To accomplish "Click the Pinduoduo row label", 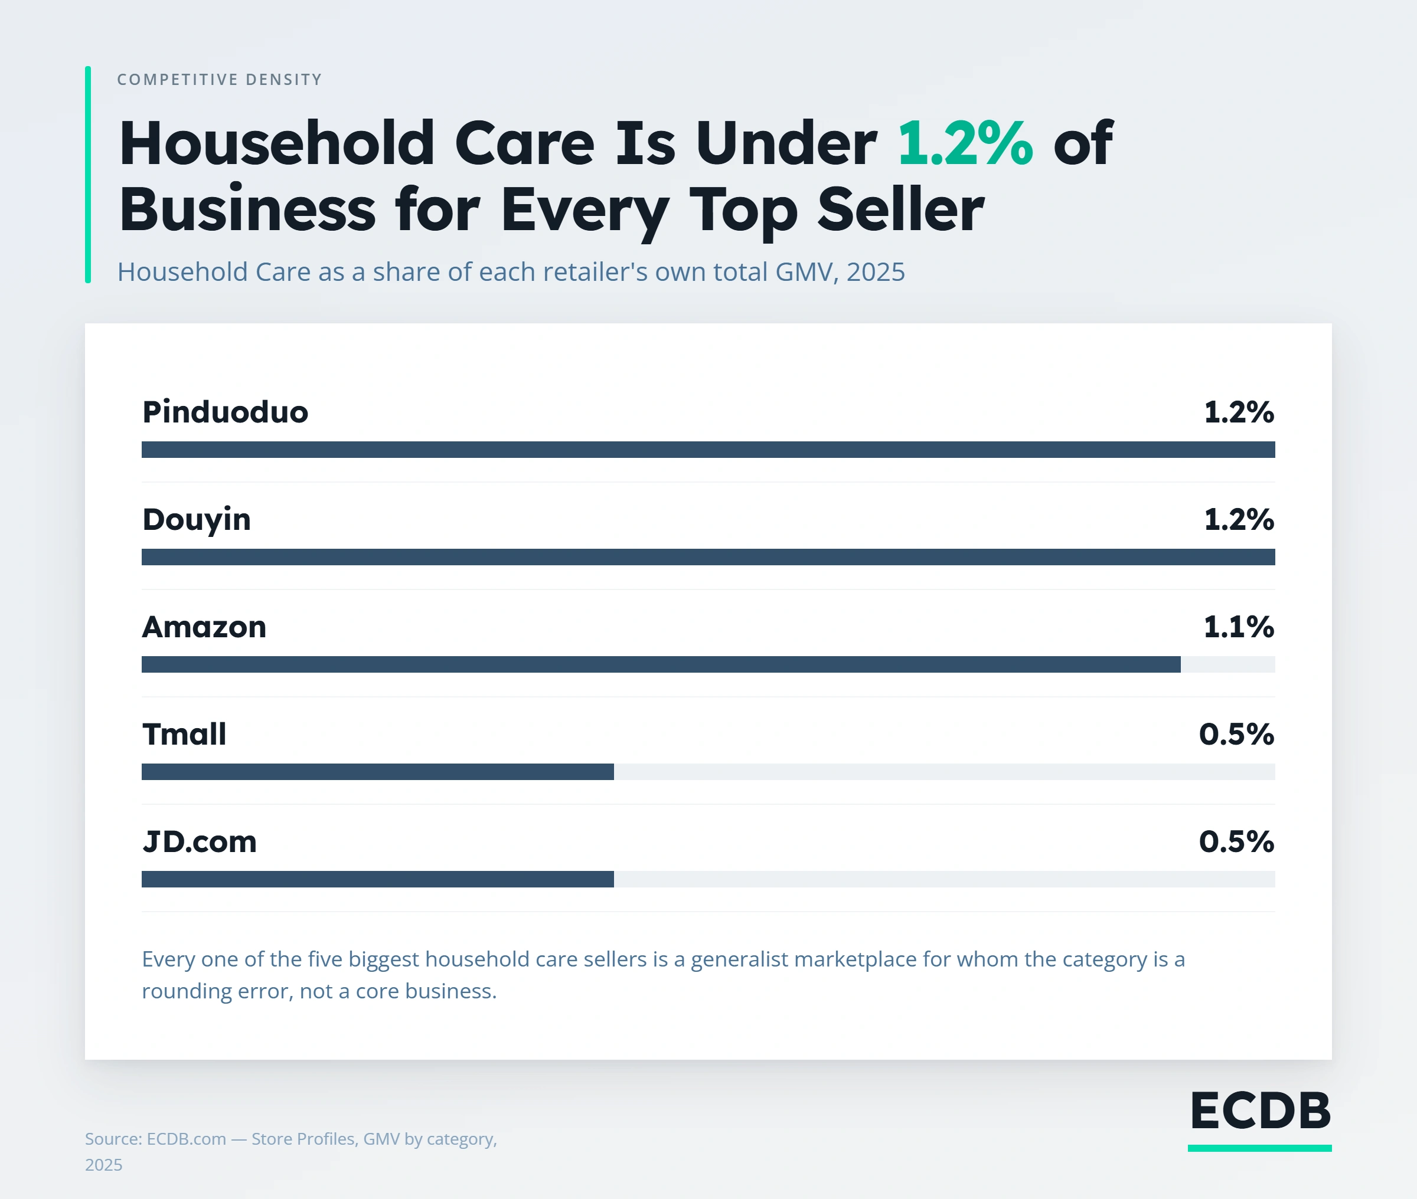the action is pyautogui.click(x=225, y=412).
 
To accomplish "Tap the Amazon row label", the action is pyautogui.click(x=204, y=627).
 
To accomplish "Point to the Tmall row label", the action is pyautogui.click(x=184, y=734).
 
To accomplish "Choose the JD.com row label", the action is pyautogui.click(x=199, y=841).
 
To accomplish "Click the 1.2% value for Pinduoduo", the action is pyautogui.click(x=1239, y=412).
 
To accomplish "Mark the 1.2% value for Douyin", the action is pyautogui.click(x=1239, y=519).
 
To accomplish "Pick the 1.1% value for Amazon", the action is pyautogui.click(x=1239, y=627).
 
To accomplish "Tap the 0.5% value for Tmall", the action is pyautogui.click(x=1237, y=734).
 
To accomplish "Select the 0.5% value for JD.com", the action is pyautogui.click(x=1237, y=841).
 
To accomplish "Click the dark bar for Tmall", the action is pyautogui.click(x=377, y=771).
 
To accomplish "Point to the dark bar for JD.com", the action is pyautogui.click(x=377, y=879).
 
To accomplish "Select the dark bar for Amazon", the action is pyautogui.click(x=661, y=664).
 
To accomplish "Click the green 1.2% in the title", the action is pyautogui.click(x=965, y=143).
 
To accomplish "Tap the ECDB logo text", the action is pyautogui.click(x=1260, y=1111).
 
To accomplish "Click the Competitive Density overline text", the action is pyautogui.click(x=220, y=80).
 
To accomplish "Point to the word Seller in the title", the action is pyautogui.click(x=901, y=209).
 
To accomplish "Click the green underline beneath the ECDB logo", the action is pyautogui.click(x=1260, y=1148).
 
